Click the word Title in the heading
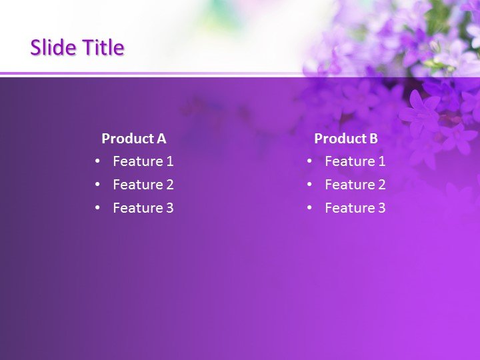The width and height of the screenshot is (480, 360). click(x=103, y=47)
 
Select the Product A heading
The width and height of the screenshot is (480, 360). click(x=133, y=139)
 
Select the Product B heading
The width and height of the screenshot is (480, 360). click(x=346, y=139)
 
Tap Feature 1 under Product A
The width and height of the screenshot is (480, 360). click(x=143, y=161)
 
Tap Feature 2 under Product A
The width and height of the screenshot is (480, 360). click(x=143, y=185)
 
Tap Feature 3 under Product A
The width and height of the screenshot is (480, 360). click(x=143, y=208)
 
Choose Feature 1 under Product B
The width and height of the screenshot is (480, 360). click(x=355, y=161)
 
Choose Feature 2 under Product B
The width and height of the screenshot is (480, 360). click(x=355, y=185)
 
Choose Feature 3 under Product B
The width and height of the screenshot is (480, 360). click(x=355, y=208)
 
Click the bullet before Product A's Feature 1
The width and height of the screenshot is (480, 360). click(x=97, y=161)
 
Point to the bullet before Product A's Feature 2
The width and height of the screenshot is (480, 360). click(x=97, y=185)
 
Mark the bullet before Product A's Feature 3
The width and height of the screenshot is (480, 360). click(x=97, y=208)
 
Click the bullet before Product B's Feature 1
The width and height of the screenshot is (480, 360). click(x=309, y=161)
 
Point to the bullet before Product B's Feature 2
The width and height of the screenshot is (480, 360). click(x=309, y=185)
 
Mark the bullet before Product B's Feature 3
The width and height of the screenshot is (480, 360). click(x=309, y=208)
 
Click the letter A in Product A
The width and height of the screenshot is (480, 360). click(x=161, y=139)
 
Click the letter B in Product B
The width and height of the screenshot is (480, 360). click(x=373, y=139)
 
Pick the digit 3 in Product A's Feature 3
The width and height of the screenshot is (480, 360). click(x=169, y=208)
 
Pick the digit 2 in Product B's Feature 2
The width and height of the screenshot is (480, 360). click(x=381, y=185)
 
